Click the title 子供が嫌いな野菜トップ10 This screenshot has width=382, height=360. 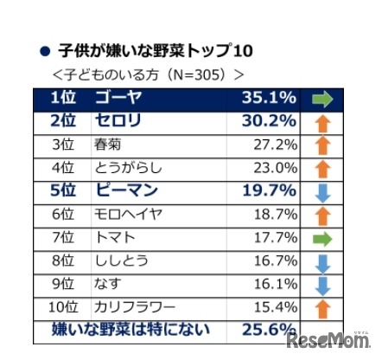[155, 50]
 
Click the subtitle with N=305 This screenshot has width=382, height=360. [147, 74]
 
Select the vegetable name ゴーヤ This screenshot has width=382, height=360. [118, 98]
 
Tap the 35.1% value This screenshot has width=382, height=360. [269, 98]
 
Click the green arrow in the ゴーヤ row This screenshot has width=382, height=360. [322, 98]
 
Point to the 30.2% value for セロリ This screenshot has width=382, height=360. [269, 120]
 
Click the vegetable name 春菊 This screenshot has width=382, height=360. [107, 145]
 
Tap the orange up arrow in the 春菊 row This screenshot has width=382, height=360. [322, 145]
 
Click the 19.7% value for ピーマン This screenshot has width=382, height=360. [269, 190]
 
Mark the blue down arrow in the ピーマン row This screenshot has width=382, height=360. [322, 190]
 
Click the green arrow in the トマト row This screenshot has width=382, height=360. [322, 237]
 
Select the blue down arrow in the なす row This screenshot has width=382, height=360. [322, 284]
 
